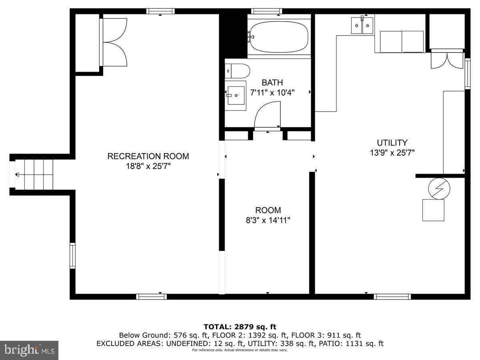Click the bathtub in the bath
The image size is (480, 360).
pyautogui.click(x=279, y=38)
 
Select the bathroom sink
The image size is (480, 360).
pyautogui.click(x=236, y=96)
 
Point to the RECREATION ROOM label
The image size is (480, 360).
pyautogui.click(x=148, y=156)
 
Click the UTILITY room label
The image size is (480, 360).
pyautogui.click(x=392, y=143)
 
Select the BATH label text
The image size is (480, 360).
pyautogui.click(x=272, y=83)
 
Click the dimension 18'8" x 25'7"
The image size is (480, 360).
pyautogui.click(x=148, y=166)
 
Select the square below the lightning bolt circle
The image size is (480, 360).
pyautogui.click(x=433, y=210)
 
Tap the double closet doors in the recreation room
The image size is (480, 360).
pyautogui.click(x=114, y=42)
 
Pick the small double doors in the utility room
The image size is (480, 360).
pyautogui.click(x=447, y=59)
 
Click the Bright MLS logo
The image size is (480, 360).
pyautogui.click(x=29, y=350)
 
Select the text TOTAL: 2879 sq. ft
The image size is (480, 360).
pyautogui.click(x=240, y=327)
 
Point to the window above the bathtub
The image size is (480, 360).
pyautogui.click(x=267, y=11)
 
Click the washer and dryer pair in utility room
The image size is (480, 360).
pyautogui.click(x=402, y=42)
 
